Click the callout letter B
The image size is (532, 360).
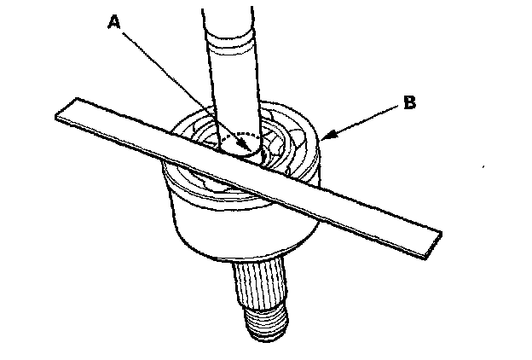(409, 103)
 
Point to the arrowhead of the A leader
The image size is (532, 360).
(250, 152)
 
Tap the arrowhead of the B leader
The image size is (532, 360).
(324, 136)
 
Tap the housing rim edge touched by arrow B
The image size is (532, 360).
(319, 140)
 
